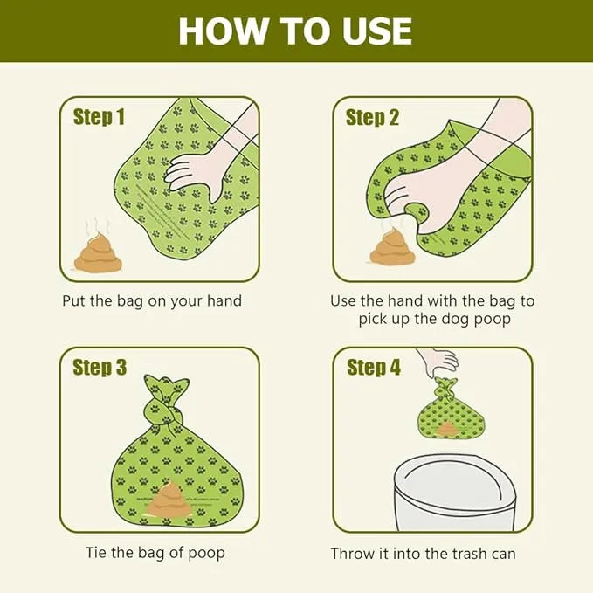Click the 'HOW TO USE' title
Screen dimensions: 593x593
pyautogui.click(x=295, y=31)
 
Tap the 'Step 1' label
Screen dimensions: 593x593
pyautogui.click(x=99, y=116)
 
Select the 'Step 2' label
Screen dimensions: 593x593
pyautogui.click(x=372, y=117)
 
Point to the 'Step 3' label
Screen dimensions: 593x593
pyautogui.click(x=100, y=367)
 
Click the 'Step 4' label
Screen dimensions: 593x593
pyautogui.click(x=373, y=367)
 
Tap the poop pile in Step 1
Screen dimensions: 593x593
pyautogui.click(x=98, y=252)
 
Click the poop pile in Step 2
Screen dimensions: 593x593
pyautogui.click(x=392, y=245)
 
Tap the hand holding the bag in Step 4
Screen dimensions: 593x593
pyautogui.click(x=438, y=362)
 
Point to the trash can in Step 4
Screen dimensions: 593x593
pyautogui.click(x=454, y=493)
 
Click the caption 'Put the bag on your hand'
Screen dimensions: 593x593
pyautogui.click(x=152, y=301)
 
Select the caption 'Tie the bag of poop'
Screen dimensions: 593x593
pyautogui.click(x=155, y=553)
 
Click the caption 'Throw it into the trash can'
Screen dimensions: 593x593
pyautogui.click(x=424, y=554)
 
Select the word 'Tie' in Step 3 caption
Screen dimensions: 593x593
pyautogui.click(x=96, y=552)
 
